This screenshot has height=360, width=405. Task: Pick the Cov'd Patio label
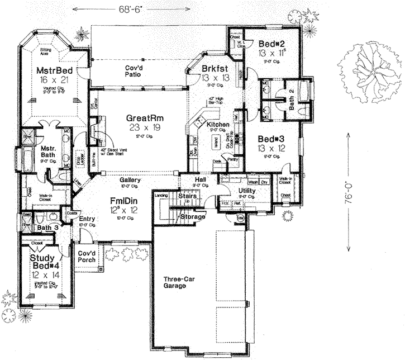click(x=135, y=70)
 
